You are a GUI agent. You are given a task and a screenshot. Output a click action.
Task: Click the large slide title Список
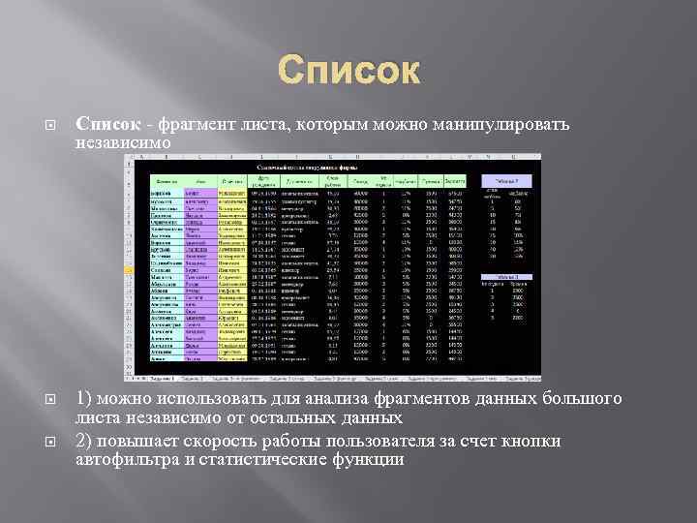coord(349,71)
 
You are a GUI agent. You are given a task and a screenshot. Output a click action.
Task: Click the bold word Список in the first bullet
coord(105,124)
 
